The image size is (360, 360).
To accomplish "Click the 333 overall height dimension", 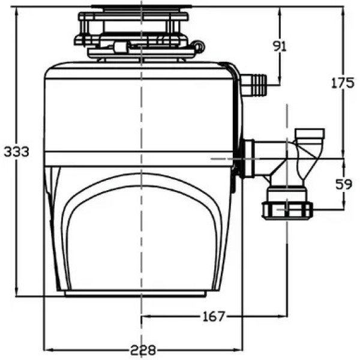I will point(16,152).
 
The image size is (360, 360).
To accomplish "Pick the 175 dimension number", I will point(342,83).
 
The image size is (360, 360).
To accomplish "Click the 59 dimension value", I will point(343,184).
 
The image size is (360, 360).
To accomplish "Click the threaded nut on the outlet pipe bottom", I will point(287,211).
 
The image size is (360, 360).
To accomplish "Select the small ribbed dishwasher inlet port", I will point(254,85).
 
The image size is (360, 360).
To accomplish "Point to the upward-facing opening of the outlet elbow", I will point(309,133).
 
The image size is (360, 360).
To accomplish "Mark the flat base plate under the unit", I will point(135,294).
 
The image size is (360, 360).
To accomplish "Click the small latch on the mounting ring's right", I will point(197,46).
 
